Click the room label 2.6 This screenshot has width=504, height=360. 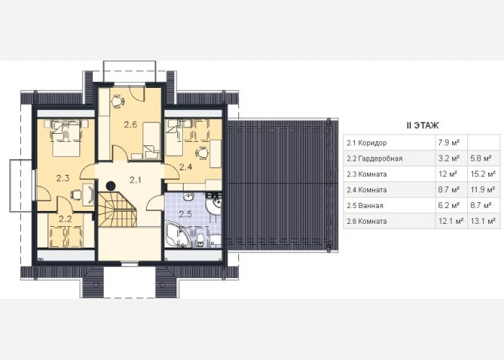click(x=130, y=125)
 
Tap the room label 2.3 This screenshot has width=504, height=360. click(x=63, y=178)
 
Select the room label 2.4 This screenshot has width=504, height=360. click(x=186, y=167)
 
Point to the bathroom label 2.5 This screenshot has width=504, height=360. click(x=185, y=215)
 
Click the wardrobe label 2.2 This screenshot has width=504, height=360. click(x=66, y=219)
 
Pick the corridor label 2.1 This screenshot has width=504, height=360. click(x=135, y=180)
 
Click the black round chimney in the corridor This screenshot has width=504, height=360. click(x=111, y=185)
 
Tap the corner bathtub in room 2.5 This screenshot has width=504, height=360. click(x=178, y=235)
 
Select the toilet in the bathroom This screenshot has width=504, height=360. click(x=200, y=240)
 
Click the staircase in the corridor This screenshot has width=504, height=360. click(x=117, y=209)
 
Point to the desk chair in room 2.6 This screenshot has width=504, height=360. click(x=117, y=101)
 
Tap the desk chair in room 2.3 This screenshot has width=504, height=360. click(x=76, y=194)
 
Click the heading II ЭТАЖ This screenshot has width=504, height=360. click(x=423, y=125)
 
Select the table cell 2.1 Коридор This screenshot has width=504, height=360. click(x=366, y=143)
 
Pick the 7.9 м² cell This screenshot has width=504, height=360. click(x=448, y=143)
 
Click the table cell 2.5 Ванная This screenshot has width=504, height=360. click(x=365, y=206)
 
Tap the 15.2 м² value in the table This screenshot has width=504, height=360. click(x=482, y=174)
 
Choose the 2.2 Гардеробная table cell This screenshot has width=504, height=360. click(x=374, y=158)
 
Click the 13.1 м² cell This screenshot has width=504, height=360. click(x=482, y=221)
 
